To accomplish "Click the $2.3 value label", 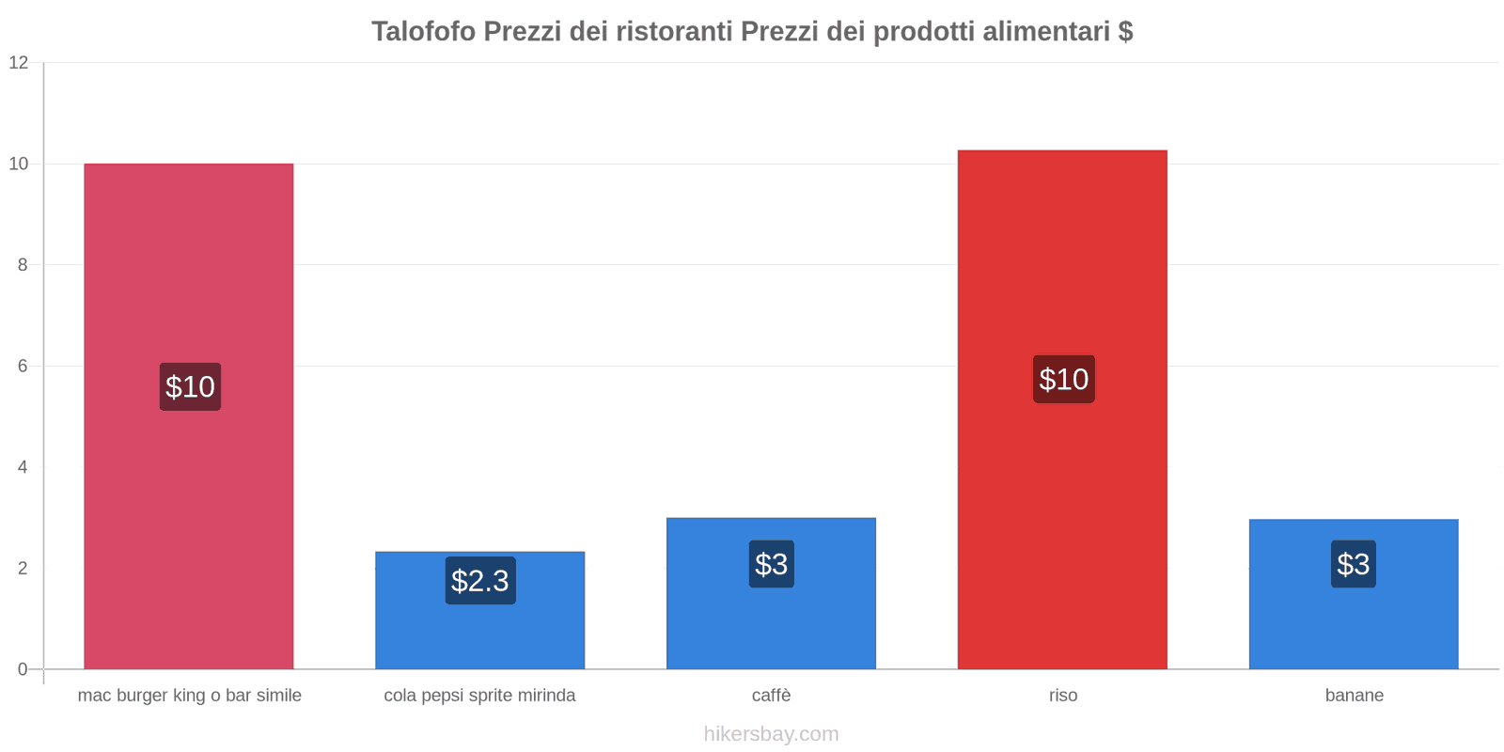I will coord(480,581).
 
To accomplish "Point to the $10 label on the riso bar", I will coord(1063,379).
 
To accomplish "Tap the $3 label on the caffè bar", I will coord(771,564).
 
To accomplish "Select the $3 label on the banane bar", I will coord(1353,564).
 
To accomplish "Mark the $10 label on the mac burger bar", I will coord(190,386).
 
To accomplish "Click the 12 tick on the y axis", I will coord(19,63).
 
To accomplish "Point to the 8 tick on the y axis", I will coord(23,265).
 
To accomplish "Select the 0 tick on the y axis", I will coord(23,669).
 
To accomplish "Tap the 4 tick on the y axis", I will coord(23,467).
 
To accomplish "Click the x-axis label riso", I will coord(1063,696).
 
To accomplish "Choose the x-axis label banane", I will coord(1354,696).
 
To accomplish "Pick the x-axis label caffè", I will coord(771,696).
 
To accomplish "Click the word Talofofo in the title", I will coord(423,32).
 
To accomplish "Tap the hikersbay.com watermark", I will coord(771,734).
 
